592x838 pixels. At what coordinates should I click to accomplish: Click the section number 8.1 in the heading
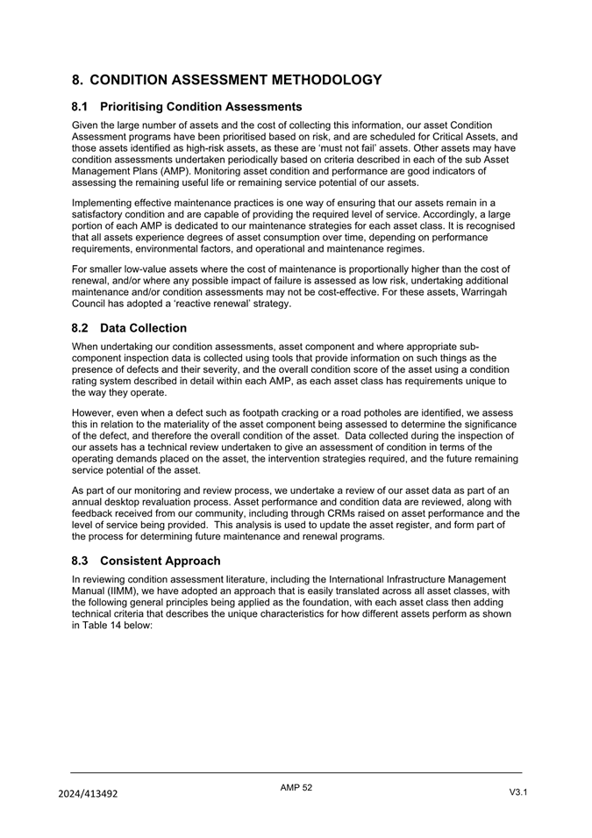[x=82, y=107]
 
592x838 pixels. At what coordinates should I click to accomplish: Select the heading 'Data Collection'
[x=144, y=328]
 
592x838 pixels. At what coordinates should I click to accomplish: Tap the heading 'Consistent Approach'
[x=160, y=561]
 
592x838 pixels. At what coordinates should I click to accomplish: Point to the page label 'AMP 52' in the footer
[x=296, y=788]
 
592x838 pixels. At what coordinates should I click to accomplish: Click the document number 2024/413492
[x=89, y=794]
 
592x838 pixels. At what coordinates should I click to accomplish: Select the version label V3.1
[x=518, y=793]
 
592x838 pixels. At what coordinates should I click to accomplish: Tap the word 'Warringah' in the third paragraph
[x=483, y=291]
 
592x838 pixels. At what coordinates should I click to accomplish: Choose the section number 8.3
[x=82, y=561]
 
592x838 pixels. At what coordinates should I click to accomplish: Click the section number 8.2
[x=82, y=328]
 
